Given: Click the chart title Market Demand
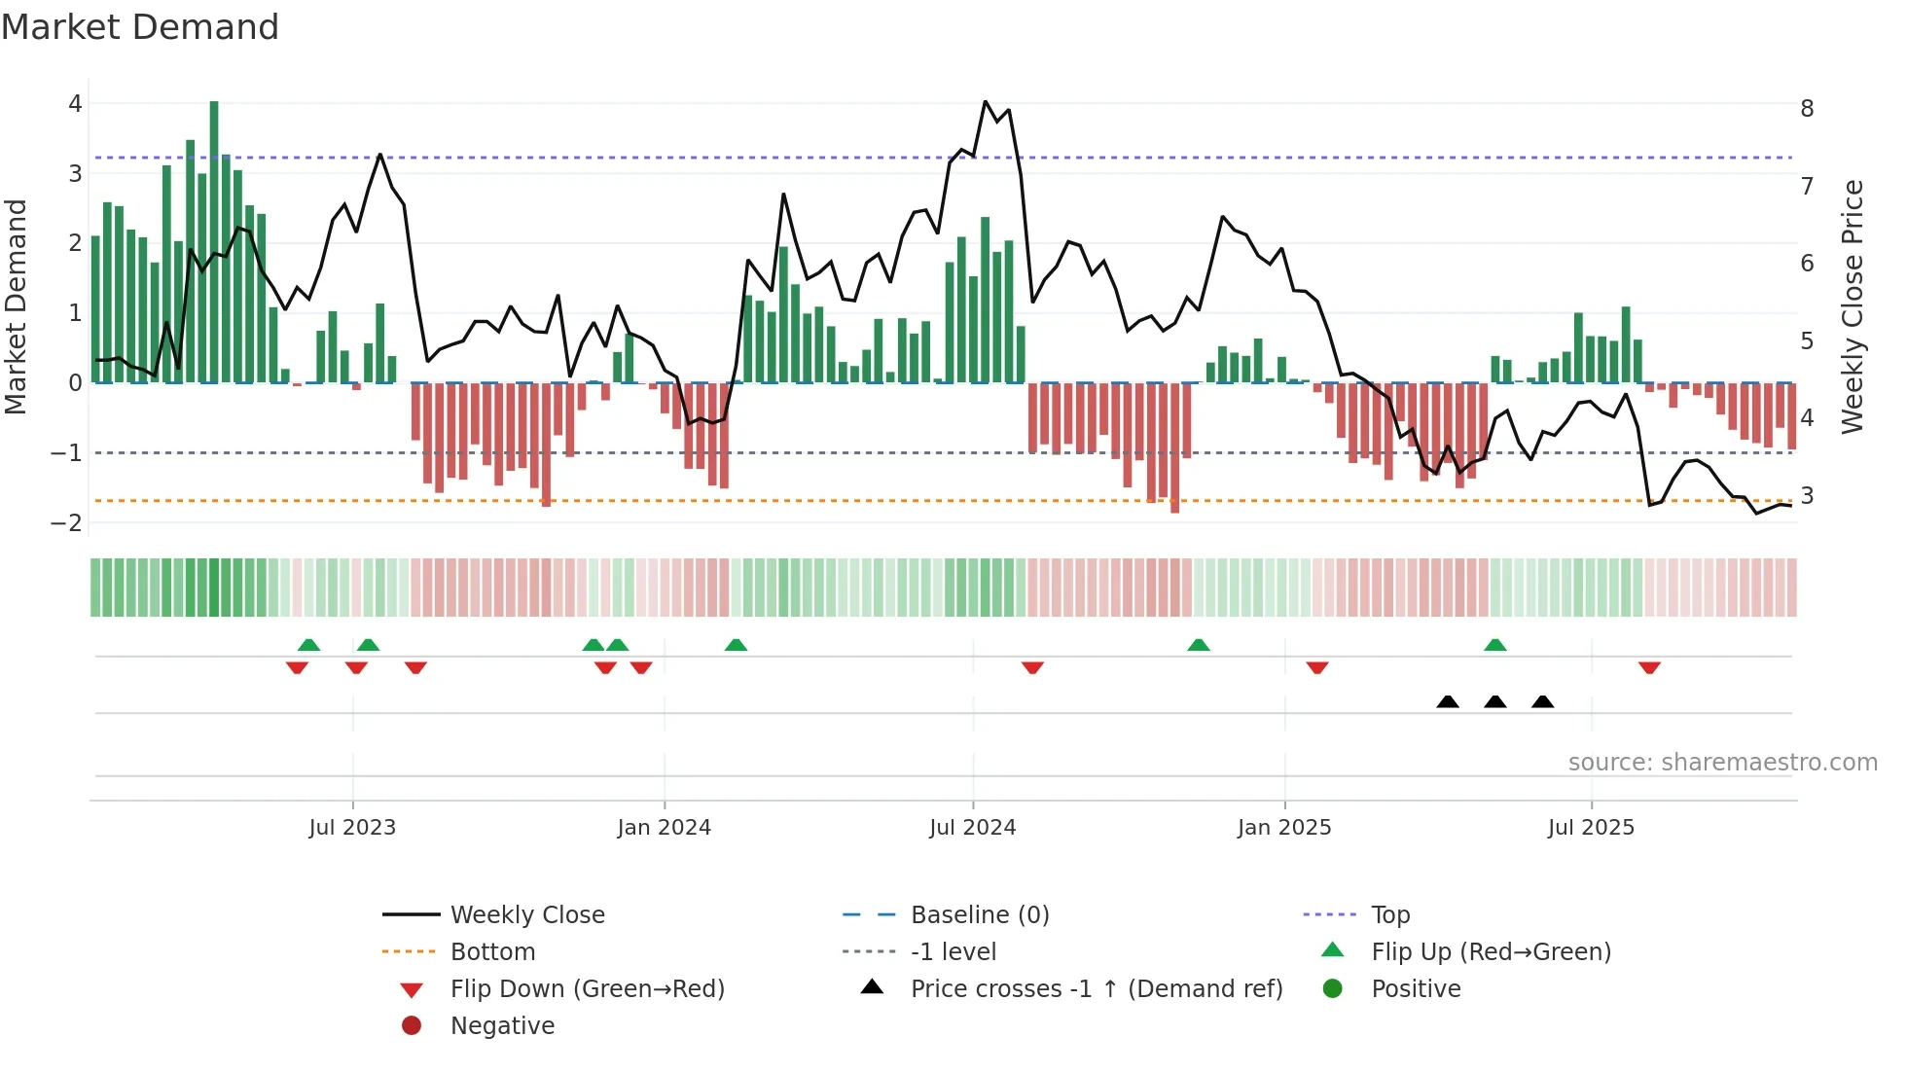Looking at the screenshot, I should (140, 27).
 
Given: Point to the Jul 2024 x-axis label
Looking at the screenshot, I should (972, 828).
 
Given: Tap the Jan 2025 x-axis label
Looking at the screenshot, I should (1283, 828).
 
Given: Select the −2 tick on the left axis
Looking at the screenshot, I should (67, 523).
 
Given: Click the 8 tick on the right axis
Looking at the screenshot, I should (1807, 109).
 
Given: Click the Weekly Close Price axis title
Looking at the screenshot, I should (1853, 306).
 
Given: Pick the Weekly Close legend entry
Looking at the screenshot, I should (526, 915).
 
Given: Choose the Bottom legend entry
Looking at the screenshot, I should (492, 952).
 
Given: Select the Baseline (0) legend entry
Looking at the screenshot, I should (979, 915).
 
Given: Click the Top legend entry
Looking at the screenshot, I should (1389, 915).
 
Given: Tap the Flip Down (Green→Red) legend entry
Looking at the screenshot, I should (587, 989).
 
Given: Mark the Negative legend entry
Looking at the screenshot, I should (502, 1026).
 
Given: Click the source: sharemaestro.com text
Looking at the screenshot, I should (1722, 763).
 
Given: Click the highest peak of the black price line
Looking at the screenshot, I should (985, 101).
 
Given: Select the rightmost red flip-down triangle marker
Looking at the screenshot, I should (1649, 667).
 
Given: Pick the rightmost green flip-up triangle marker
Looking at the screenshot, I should (1495, 645).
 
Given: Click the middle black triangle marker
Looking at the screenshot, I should (1495, 701).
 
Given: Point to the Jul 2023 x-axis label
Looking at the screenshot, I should (352, 828).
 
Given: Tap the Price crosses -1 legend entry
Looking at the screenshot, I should (1096, 989).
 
